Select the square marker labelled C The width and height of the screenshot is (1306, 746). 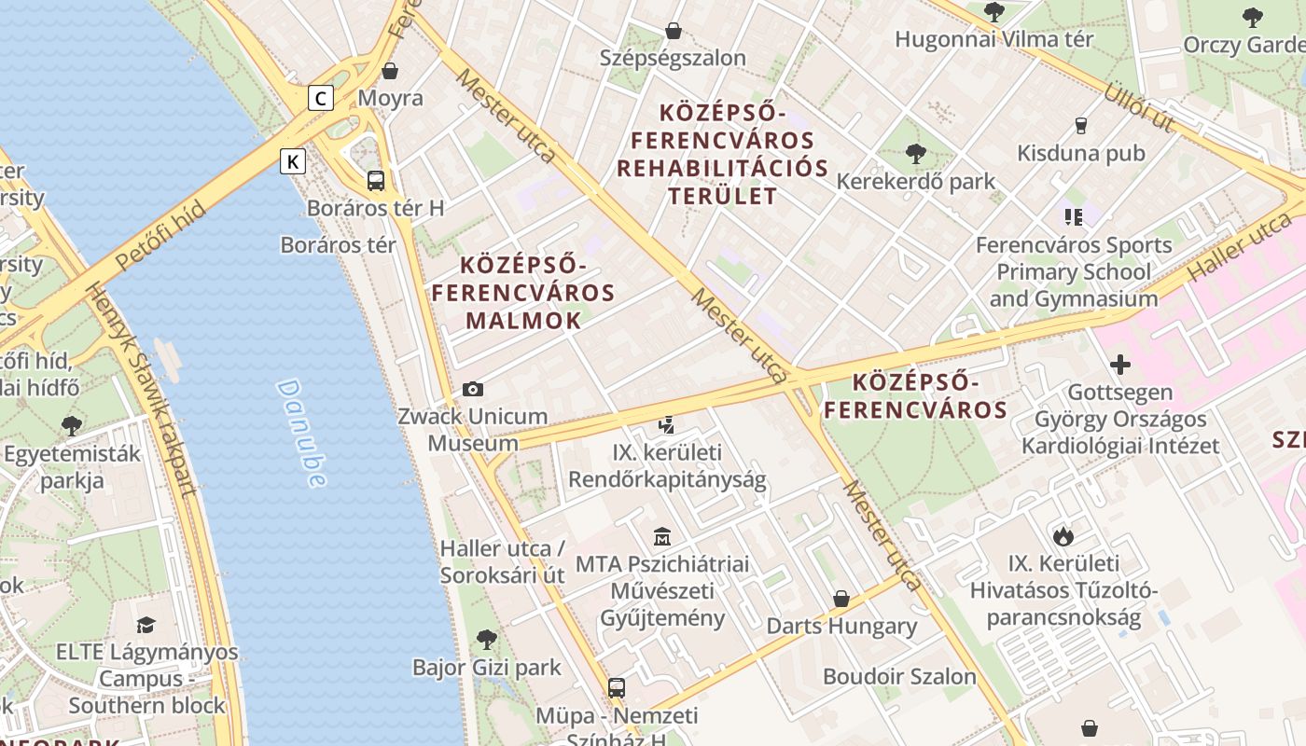(321, 98)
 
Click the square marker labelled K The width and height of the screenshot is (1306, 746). (293, 161)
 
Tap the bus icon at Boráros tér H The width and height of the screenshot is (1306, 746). (376, 181)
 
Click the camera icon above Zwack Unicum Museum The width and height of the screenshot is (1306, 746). (473, 390)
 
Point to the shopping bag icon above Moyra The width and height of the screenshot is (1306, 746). (390, 71)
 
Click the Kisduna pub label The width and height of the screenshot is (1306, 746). (1080, 153)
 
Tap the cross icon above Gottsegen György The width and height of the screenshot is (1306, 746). (1119, 365)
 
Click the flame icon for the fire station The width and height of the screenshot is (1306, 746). (1063, 536)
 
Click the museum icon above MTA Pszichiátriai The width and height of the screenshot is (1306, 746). (662, 536)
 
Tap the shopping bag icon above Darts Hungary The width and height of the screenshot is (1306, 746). (841, 599)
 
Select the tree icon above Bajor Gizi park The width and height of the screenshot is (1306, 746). (486, 640)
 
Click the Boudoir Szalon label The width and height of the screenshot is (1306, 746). (899, 676)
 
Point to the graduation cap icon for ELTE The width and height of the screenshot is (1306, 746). (146, 625)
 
